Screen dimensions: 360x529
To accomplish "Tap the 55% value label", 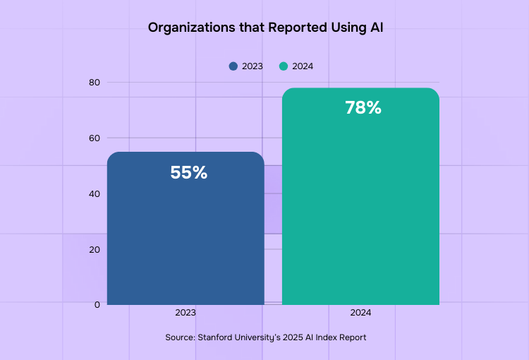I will tap(188, 173).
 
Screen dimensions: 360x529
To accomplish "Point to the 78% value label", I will tap(363, 108).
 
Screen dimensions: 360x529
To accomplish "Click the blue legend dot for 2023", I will tap(233, 66).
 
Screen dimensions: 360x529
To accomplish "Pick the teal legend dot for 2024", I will tap(284, 66).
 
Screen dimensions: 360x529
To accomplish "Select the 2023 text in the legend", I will tap(252, 66).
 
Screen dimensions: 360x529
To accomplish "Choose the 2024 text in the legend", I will tap(303, 66).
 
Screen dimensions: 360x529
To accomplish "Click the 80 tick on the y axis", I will tap(95, 83).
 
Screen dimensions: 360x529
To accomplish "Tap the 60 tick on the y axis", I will tap(95, 138).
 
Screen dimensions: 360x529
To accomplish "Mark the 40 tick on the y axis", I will tap(95, 193).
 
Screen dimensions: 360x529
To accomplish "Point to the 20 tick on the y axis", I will tap(95, 249).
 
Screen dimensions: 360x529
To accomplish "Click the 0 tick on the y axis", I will tap(97, 304).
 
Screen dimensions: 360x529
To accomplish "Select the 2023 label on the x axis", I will tap(186, 312).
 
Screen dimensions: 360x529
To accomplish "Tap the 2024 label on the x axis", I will tap(360, 312).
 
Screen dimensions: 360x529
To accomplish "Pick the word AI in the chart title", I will tap(375, 28).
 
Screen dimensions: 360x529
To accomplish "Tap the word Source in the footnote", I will tap(180, 337).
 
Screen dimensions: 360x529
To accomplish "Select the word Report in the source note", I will tap(351, 337).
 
